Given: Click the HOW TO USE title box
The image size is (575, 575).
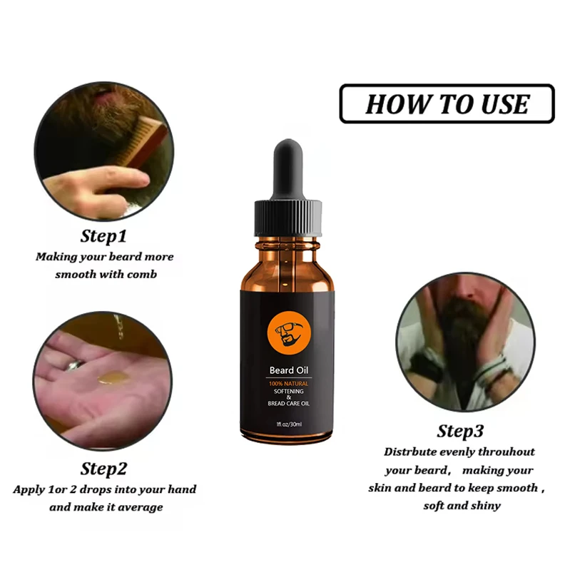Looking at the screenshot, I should (447, 103).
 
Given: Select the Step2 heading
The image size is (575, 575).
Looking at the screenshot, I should (104, 469).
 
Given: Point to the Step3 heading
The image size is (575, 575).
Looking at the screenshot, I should (460, 431).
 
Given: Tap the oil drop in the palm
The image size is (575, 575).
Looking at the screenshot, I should (114, 375).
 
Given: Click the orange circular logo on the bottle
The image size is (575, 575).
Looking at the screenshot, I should (285, 335).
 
